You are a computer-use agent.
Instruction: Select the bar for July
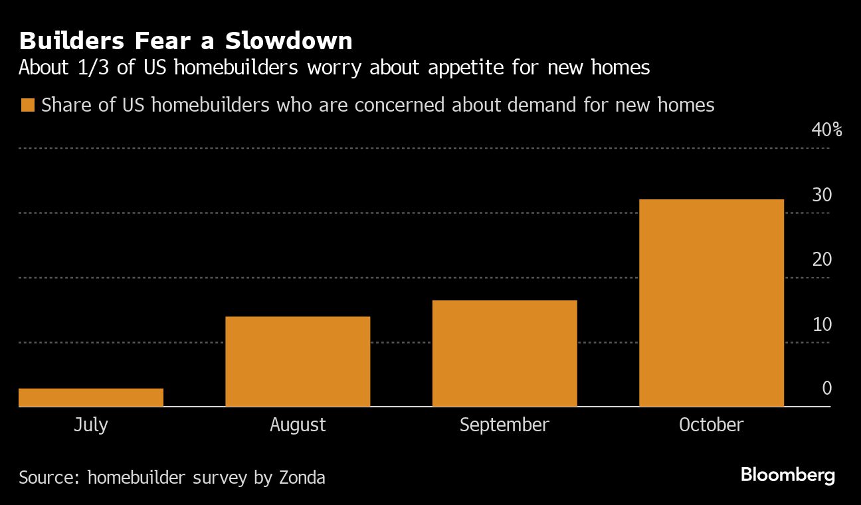(x=91, y=397)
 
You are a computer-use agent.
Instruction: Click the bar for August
(x=298, y=361)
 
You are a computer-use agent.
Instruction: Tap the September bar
(x=504, y=353)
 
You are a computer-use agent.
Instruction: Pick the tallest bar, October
(x=711, y=303)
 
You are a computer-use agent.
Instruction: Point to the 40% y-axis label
(x=826, y=130)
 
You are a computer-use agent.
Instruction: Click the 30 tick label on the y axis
(x=822, y=195)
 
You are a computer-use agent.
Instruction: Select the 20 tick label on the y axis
(x=822, y=259)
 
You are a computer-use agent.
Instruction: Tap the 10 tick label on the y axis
(x=822, y=324)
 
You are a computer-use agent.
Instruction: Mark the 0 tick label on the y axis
(x=826, y=388)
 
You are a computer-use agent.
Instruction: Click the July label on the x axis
(x=91, y=425)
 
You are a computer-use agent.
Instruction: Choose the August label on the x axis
(x=298, y=425)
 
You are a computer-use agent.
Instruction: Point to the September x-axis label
(x=504, y=425)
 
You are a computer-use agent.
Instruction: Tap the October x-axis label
(x=711, y=425)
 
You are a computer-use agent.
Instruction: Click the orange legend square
(x=27, y=105)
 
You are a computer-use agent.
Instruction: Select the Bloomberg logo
(x=787, y=475)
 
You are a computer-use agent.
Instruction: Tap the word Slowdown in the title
(x=288, y=41)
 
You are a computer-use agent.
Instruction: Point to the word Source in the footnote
(x=48, y=477)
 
